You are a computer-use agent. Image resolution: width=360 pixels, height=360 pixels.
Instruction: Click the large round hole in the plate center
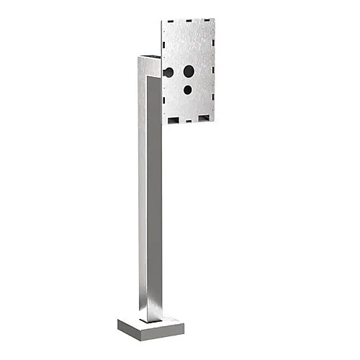[189, 71]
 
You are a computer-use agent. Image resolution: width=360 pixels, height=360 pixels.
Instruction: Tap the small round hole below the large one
[188, 90]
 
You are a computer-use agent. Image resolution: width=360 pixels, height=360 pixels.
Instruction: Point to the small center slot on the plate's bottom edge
[191, 120]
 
